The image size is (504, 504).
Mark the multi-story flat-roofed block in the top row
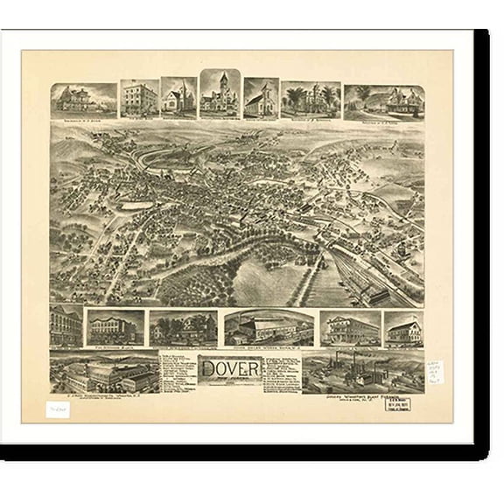click(138, 99)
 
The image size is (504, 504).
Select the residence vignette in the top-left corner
click(83, 100)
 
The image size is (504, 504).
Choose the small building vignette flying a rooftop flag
click(402, 328)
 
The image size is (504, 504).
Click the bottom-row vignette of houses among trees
click(182, 328)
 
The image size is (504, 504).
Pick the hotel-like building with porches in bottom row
click(349, 328)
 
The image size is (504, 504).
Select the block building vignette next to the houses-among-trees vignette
click(115, 327)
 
